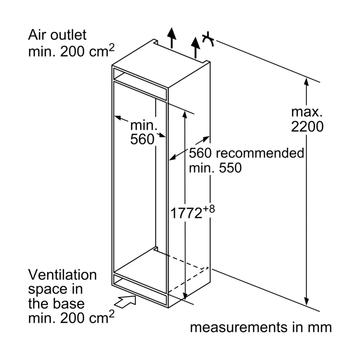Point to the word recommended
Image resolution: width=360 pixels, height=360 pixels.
click(260, 153)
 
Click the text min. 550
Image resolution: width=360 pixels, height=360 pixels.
click(215, 168)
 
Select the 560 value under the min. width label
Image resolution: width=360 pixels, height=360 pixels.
click(142, 139)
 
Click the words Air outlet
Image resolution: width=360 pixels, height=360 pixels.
click(57, 35)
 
